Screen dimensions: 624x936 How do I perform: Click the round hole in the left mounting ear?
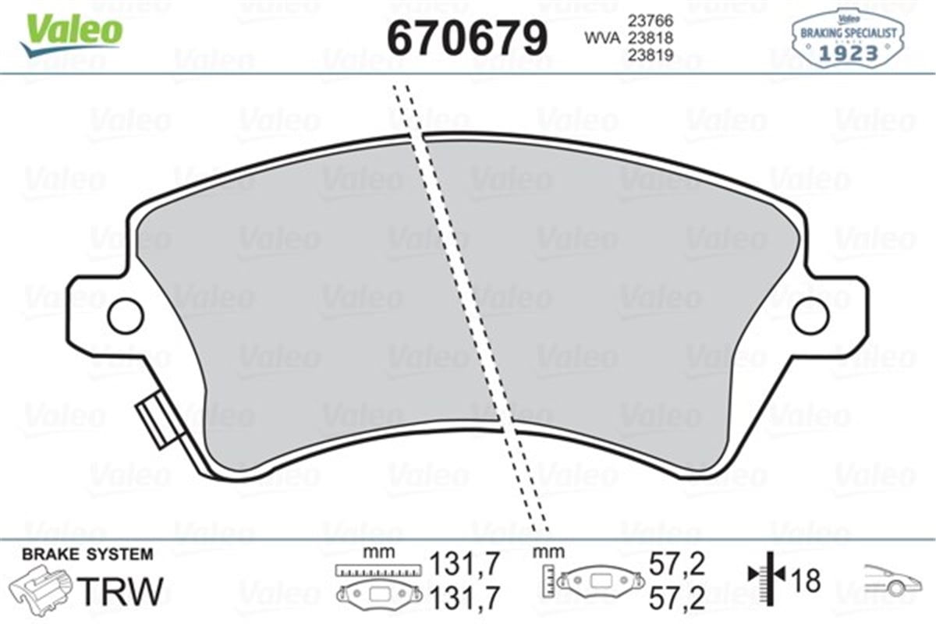point(125,315)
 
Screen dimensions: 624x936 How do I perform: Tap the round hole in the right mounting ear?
point(810,315)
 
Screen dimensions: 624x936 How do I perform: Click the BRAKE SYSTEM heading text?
point(87,555)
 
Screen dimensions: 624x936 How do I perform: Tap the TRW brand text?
point(122,591)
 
